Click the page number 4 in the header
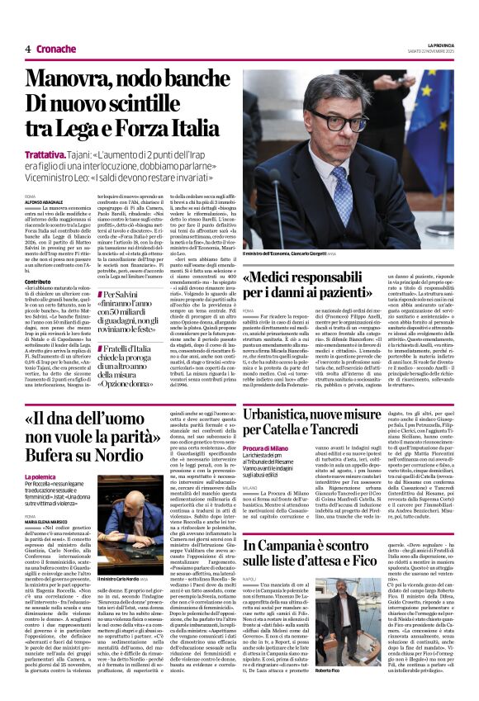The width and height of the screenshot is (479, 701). (x=27, y=49)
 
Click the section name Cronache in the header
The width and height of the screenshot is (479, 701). (x=55, y=49)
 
